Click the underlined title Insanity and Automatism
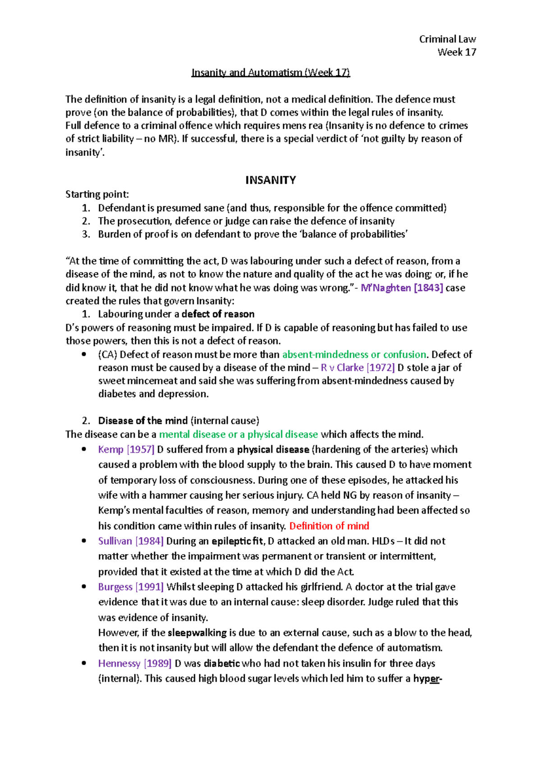click(x=270, y=73)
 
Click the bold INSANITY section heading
click(x=270, y=180)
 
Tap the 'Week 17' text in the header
click(x=457, y=52)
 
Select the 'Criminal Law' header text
click(x=447, y=39)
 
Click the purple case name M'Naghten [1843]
click(x=402, y=288)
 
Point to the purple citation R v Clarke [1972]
click(x=358, y=368)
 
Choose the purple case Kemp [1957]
click(x=126, y=450)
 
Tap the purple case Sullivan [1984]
click(x=131, y=541)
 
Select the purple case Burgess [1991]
click(x=131, y=587)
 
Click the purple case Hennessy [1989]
click(x=135, y=664)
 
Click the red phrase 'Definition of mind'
click(x=329, y=526)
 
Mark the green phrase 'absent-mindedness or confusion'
click(x=354, y=355)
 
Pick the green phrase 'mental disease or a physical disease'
click(x=238, y=435)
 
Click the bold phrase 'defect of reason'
click(x=218, y=314)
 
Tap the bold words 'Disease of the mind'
click(x=143, y=421)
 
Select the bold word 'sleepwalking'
click(x=197, y=633)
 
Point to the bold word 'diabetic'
click(x=222, y=664)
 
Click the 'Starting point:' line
click(x=97, y=195)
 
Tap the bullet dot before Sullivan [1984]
click(x=84, y=541)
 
